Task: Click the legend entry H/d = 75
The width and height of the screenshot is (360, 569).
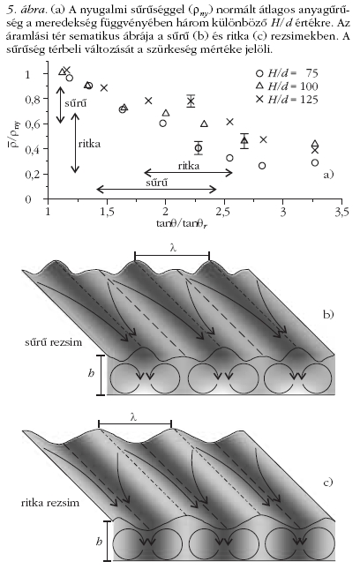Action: coord(287,73)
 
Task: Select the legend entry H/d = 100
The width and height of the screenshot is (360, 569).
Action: coord(287,86)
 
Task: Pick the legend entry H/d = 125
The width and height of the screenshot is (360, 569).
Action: coord(287,99)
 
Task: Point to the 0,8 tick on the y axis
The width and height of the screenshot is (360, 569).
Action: coord(32,99)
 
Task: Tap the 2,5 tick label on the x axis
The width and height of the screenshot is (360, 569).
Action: coord(224,212)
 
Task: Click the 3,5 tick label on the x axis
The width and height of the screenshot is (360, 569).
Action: coord(341,212)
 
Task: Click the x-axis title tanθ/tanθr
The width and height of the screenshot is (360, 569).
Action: coord(182,223)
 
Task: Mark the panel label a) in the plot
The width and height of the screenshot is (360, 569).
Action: coord(328,175)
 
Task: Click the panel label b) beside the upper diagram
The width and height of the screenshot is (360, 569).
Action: coord(328,314)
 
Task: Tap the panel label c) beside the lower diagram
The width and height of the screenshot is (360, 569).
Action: coord(327,483)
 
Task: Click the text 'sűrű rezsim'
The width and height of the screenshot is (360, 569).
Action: coord(53,342)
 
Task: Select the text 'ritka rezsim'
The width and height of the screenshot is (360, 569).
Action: coord(50,503)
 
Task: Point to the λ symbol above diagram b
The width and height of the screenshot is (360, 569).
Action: coord(173,248)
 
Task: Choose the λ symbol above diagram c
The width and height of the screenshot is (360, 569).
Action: coord(133,417)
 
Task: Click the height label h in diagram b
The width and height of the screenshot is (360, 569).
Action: coord(91,372)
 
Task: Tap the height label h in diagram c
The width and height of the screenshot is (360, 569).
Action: coord(99,542)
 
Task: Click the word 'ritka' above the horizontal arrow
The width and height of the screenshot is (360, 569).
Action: coord(188,166)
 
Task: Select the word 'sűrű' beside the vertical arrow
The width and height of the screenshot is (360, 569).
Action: coord(76,103)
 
